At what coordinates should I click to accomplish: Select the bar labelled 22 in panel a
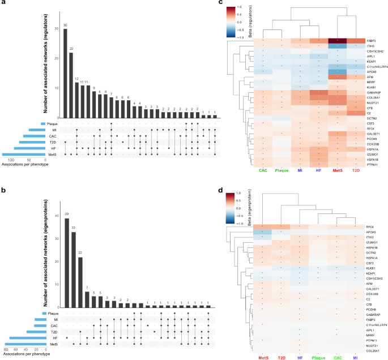71,85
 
